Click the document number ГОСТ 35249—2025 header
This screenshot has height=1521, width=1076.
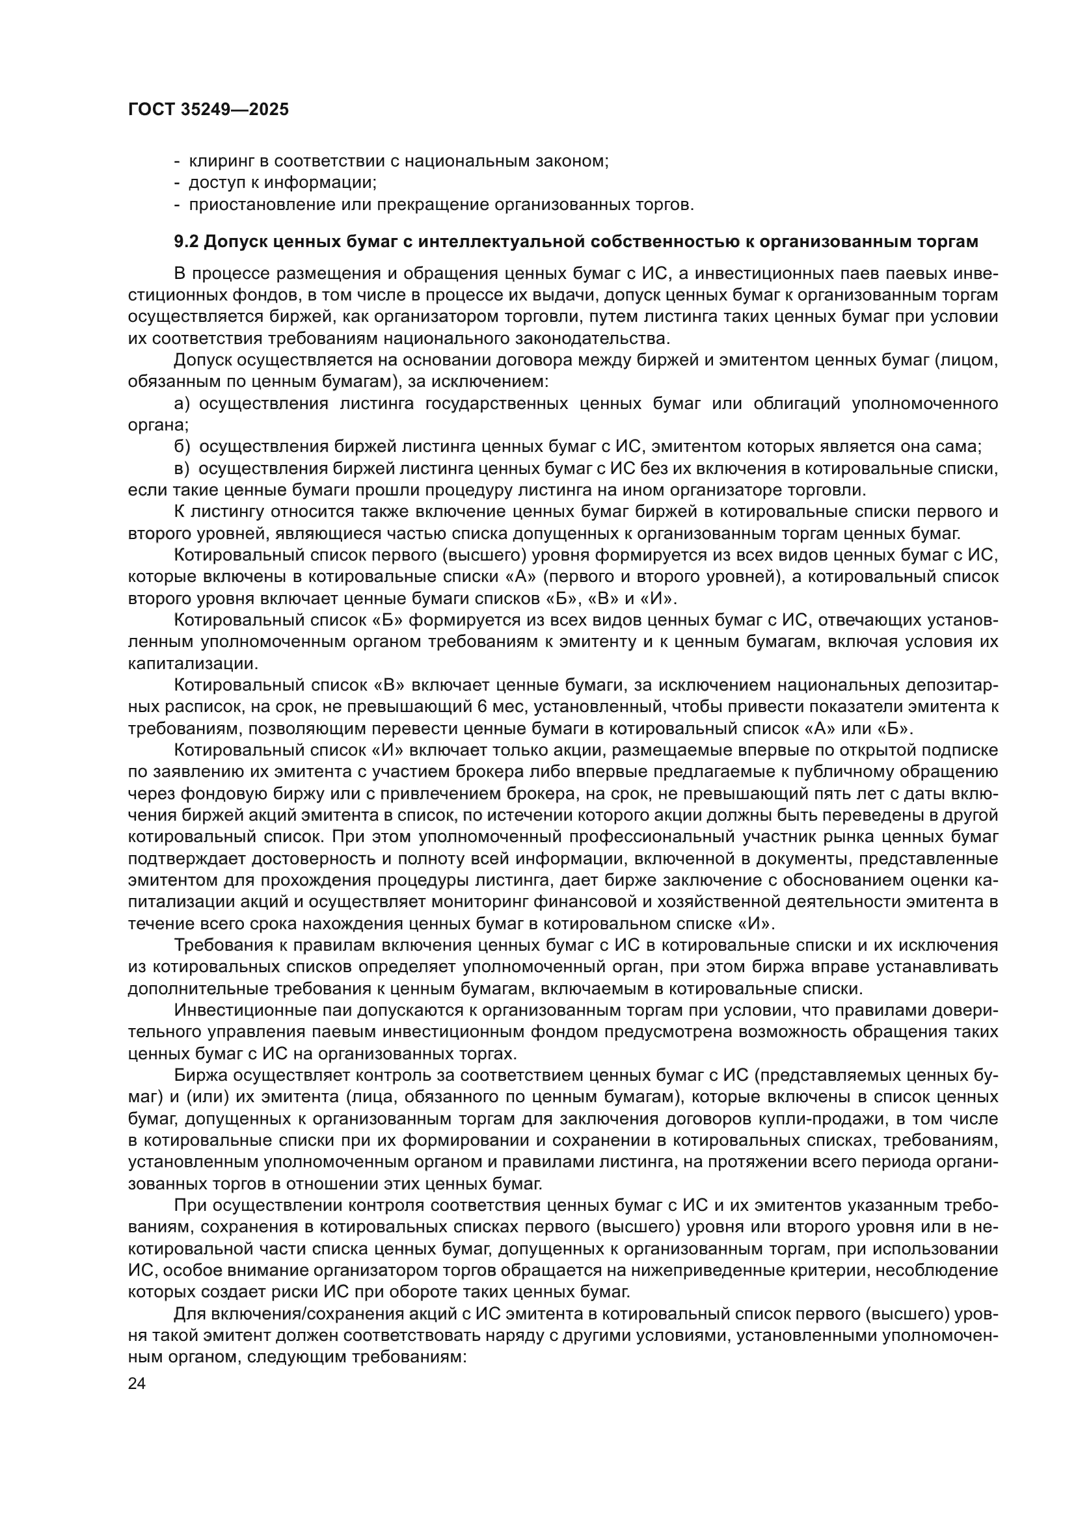208,110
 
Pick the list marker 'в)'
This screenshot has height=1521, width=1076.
182,469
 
